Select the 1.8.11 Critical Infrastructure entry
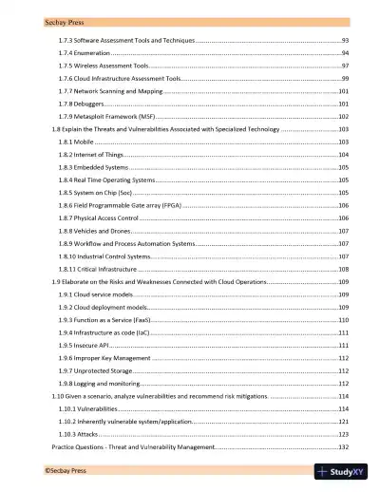[x=98, y=270]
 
